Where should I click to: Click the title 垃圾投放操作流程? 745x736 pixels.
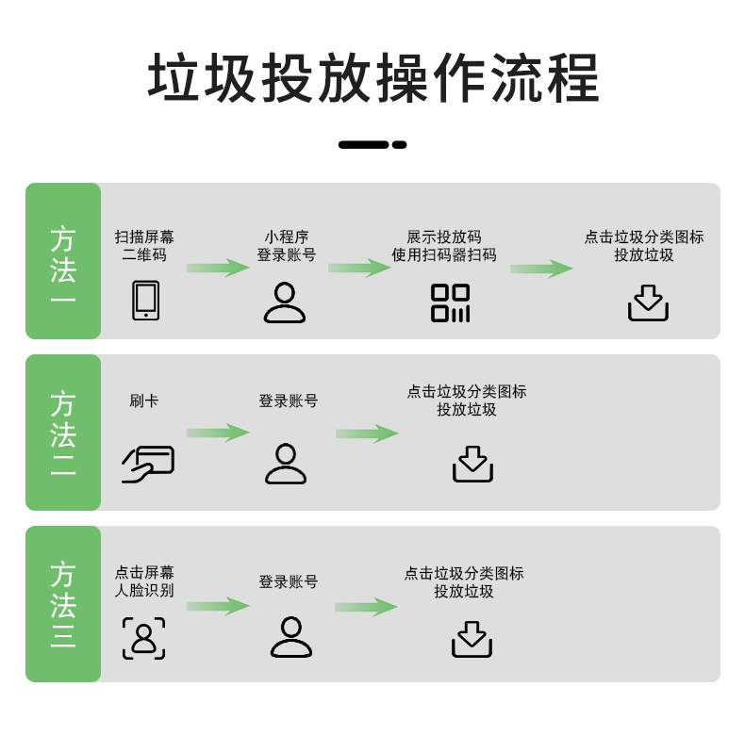point(372,78)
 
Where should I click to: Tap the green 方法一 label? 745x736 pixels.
point(63,262)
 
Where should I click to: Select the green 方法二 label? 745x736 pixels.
point(63,433)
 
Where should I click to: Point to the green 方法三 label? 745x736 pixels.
point(63,604)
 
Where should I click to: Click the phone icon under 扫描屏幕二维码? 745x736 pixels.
point(145,300)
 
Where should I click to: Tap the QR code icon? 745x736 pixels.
point(450,303)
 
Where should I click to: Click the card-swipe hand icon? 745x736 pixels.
point(148,464)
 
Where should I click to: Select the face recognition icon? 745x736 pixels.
point(143,638)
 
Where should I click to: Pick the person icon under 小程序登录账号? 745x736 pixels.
point(285,302)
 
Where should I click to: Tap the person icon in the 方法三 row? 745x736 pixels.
point(290,636)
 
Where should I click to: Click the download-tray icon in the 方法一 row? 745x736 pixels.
point(648,303)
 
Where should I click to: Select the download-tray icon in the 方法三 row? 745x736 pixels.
point(472,638)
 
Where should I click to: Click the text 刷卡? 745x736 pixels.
point(144,401)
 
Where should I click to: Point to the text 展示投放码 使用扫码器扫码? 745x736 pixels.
point(444,246)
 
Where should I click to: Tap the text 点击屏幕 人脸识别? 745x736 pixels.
point(144,582)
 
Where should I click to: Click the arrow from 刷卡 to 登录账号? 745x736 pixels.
point(218,433)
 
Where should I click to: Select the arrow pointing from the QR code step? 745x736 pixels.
point(541,269)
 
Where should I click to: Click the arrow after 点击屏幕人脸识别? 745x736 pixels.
point(218,606)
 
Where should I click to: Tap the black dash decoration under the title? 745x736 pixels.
point(372,145)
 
